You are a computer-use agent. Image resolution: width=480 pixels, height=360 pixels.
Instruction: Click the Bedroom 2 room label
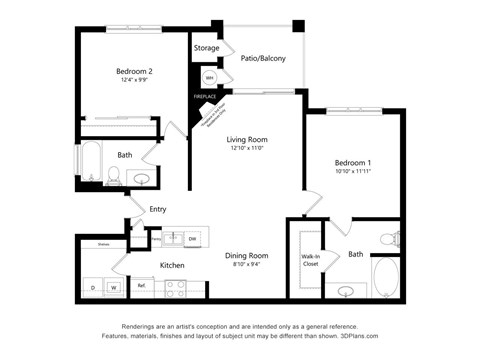coord(134,71)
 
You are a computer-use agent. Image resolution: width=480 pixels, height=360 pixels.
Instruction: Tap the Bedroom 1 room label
coord(353,162)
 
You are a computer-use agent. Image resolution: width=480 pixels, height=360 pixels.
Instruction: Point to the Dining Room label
coord(245,255)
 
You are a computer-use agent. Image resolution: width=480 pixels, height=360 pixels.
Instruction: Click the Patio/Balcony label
coord(263,58)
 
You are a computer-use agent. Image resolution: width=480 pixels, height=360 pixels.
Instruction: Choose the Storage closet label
coord(206,47)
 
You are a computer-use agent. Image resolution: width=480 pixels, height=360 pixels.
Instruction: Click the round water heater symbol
coord(210,77)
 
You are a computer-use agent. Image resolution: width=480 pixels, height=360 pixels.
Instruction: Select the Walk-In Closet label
coord(310,261)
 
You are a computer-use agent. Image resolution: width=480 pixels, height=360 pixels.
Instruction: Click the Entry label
coord(158,209)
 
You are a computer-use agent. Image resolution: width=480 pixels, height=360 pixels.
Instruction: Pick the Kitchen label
coord(172,265)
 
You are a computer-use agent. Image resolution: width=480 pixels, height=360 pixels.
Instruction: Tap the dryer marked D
coord(94,288)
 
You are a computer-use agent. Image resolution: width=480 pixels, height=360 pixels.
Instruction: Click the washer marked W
coord(114,288)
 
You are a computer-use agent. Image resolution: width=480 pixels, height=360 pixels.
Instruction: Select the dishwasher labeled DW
coord(191,238)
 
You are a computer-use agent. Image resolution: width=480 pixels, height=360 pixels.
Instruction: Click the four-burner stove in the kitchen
coord(176,288)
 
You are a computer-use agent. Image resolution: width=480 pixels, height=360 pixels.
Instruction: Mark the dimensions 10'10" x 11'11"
coord(353,172)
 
